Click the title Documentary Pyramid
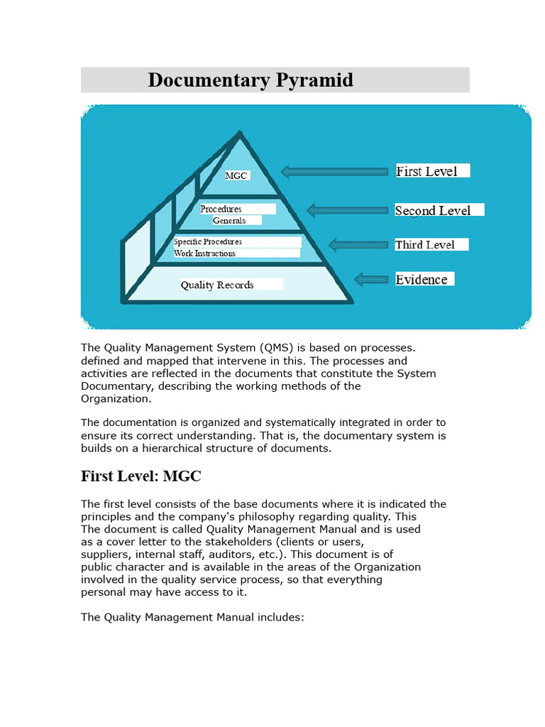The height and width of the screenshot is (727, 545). pos(251,80)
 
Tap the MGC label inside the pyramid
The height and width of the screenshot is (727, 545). pos(236,175)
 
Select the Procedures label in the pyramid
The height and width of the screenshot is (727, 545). pos(221,209)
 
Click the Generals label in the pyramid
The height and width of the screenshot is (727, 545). pos(229,221)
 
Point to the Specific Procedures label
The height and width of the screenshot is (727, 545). pos(208,242)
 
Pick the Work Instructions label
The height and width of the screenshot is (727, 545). pos(204,253)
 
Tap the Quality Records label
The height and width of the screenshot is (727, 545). pos(217,285)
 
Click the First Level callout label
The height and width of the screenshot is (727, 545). pos(426,171)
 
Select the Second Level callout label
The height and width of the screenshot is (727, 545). pos(433,210)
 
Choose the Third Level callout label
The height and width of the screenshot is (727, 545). pos(424,245)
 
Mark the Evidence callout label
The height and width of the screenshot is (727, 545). pos(422,280)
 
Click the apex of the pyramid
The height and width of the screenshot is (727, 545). pos(241,132)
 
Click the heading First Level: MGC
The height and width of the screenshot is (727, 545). pos(146,476)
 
